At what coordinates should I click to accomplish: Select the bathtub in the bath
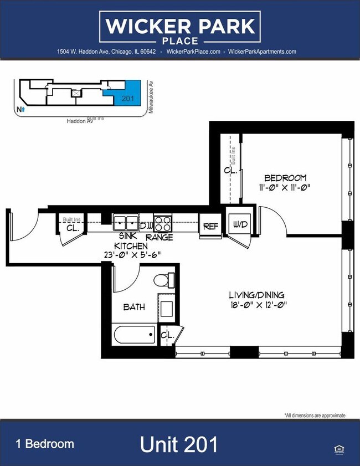click(x=135, y=334)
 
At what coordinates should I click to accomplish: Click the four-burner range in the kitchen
click(x=163, y=223)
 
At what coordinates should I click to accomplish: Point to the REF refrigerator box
click(x=210, y=226)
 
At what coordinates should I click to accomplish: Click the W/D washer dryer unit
click(x=239, y=224)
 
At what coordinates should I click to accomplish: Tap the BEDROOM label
click(x=285, y=178)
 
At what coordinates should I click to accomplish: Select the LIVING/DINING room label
click(x=259, y=295)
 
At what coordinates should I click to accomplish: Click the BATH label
click(x=133, y=306)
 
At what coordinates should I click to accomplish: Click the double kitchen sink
click(x=126, y=223)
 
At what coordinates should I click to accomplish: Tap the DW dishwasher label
click(x=146, y=226)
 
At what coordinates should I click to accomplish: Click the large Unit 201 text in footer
click(x=179, y=444)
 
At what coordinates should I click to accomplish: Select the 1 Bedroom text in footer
click(x=44, y=444)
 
